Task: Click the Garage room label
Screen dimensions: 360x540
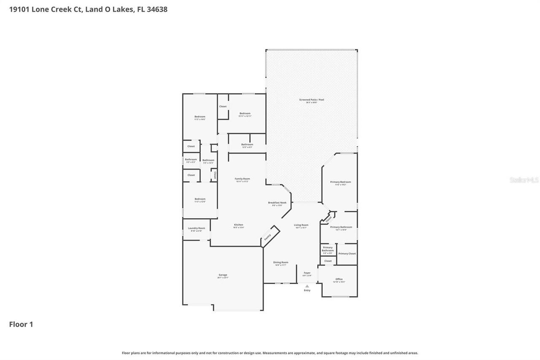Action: coord(223,275)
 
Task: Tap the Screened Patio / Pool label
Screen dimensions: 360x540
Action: coord(312,100)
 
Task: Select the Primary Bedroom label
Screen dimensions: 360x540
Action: coord(340,182)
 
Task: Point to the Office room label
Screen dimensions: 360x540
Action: coord(339,279)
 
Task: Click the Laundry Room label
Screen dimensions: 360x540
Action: coord(197,228)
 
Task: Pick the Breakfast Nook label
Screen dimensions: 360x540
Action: coord(277,203)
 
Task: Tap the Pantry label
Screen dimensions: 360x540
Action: coord(267,238)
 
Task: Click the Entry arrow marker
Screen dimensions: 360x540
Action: coord(307,286)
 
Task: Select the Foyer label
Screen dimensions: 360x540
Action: coord(307,273)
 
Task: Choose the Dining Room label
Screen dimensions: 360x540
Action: coord(281,263)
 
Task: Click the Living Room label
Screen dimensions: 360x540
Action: coord(301,225)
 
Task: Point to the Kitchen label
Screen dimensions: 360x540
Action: coord(239,225)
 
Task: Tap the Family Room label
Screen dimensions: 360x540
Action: coord(242,179)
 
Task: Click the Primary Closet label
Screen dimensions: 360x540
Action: coord(347,254)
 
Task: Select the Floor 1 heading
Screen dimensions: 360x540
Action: coord(21,324)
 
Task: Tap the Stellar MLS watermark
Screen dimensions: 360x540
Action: coord(524,180)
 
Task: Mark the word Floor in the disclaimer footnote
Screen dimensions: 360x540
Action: coord(126,353)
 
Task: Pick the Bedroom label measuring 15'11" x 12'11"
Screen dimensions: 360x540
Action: coord(245,114)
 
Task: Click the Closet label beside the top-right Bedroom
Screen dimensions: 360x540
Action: coord(223,106)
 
